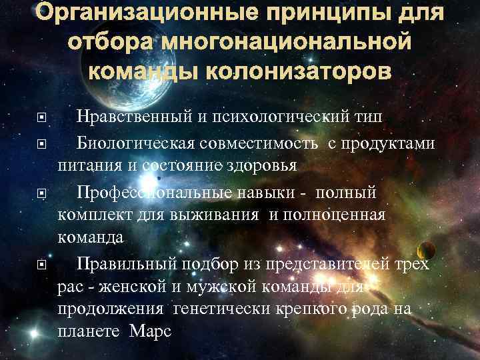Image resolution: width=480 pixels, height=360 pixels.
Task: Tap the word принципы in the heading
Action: [x=327, y=14]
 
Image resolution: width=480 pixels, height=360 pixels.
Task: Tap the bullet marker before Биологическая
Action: [x=42, y=143]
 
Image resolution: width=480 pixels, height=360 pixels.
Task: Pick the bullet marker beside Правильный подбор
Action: [x=42, y=264]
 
